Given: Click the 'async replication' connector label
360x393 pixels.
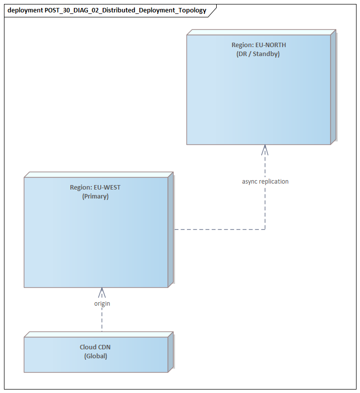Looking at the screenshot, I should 265,182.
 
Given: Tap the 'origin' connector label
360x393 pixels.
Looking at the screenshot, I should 102,303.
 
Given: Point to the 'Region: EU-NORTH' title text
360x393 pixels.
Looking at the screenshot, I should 258,45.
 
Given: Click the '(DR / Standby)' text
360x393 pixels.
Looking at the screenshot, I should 258,54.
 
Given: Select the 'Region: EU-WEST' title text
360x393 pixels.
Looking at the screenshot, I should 95,188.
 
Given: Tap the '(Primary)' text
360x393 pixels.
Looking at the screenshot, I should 95,196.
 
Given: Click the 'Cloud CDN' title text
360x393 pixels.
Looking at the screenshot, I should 95,347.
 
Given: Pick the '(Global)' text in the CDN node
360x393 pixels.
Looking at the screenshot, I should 95,356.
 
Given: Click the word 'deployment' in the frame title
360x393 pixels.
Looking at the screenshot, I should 25,10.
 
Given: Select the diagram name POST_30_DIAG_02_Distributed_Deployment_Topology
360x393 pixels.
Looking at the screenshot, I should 125,10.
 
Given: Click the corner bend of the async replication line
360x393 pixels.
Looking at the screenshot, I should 265,229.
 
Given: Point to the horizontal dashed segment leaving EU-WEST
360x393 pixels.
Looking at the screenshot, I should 218,229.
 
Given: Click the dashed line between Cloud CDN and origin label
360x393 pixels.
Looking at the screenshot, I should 102,320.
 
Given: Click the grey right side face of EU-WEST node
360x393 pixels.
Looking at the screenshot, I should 171,230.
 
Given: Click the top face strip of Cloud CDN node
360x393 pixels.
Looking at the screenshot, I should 98,334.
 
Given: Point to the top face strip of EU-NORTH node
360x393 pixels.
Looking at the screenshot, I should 261,32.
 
